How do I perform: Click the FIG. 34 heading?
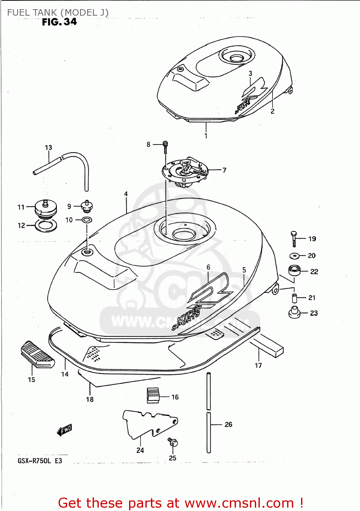59,22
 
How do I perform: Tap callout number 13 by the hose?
48,148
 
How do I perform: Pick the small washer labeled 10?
87,220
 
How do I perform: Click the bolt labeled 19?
294,239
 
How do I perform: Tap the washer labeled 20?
294,255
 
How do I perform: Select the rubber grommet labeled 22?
295,271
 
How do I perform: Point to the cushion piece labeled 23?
294,312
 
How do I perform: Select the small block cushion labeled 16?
153,395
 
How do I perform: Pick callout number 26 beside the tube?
228,424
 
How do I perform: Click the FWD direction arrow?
64,430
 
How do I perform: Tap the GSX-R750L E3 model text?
40,461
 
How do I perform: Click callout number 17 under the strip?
258,366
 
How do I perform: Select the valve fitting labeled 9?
87,206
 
